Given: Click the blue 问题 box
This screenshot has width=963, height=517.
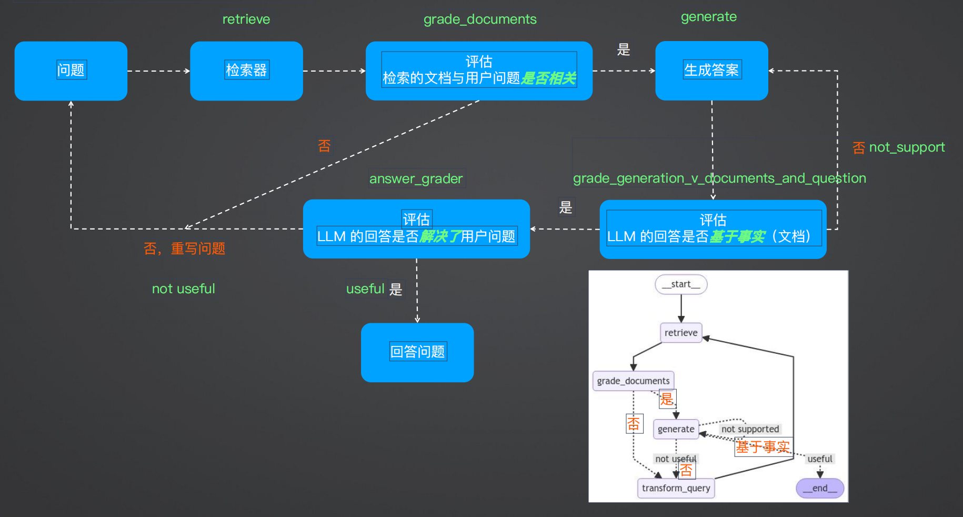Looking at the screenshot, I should pyautogui.click(x=71, y=71).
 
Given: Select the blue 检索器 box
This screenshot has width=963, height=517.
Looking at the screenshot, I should pyautogui.click(x=246, y=71).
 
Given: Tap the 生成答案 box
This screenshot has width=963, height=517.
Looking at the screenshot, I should pyautogui.click(x=711, y=70).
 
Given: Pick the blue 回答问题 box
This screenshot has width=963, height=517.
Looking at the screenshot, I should pyautogui.click(x=417, y=352).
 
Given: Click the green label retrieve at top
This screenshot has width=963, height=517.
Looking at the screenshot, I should pyautogui.click(x=246, y=19).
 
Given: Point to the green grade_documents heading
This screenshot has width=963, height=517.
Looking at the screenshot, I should pyautogui.click(x=480, y=19).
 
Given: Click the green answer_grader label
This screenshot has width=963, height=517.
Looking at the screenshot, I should pyautogui.click(x=416, y=178).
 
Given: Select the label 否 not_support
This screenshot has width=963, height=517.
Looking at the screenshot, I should pyautogui.click(x=898, y=147).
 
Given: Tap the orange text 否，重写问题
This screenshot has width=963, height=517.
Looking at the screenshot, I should pyautogui.click(x=184, y=248).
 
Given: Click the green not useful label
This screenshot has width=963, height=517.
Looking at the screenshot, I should pyautogui.click(x=183, y=289).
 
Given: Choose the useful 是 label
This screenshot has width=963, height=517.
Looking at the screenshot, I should pyautogui.click(x=374, y=289).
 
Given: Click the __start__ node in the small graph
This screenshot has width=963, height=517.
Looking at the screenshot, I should pyautogui.click(x=681, y=284).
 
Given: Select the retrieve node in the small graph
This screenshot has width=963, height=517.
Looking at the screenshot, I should pyautogui.click(x=681, y=333).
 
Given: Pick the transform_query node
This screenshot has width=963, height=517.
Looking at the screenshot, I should pyautogui.click(x=676, y=488).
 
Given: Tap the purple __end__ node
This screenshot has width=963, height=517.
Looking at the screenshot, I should pyautogui.click(x=819, y=488).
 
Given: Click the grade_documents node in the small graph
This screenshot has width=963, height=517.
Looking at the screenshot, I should pyautogui.click(x=633, y=381).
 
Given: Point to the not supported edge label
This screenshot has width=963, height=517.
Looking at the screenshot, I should pyautogui.click(x=750, y=429).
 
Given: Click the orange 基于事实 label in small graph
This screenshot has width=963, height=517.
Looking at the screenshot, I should pyautogui.click(x=763, y=447).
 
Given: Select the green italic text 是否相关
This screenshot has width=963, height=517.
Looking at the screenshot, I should pyautogui.click(x=548, y=78).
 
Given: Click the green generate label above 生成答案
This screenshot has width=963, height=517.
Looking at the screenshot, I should pyautogui.click(x=708, y=17).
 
